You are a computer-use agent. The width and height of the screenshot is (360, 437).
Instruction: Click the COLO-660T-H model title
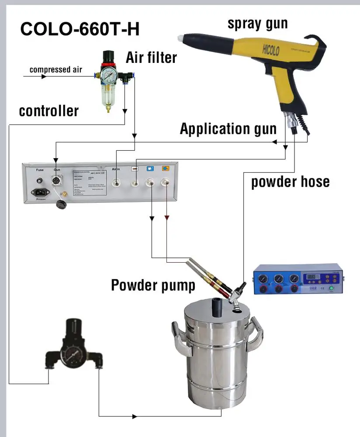[80, 29]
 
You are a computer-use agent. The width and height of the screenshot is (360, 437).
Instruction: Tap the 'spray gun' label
[257, 23]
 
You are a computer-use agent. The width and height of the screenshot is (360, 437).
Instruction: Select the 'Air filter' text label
[152, 57]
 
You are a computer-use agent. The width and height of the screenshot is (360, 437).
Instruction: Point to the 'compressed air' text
[55, 69]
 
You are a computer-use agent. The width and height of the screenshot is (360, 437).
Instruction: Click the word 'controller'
[49, 111]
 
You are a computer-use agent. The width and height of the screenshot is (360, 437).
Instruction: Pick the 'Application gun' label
[228, 129]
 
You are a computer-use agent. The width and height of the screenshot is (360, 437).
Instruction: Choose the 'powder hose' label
[290, 181]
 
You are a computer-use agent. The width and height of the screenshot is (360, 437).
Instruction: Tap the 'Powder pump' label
[153, 285]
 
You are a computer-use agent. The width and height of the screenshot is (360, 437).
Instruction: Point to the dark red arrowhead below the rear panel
[166, 216]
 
